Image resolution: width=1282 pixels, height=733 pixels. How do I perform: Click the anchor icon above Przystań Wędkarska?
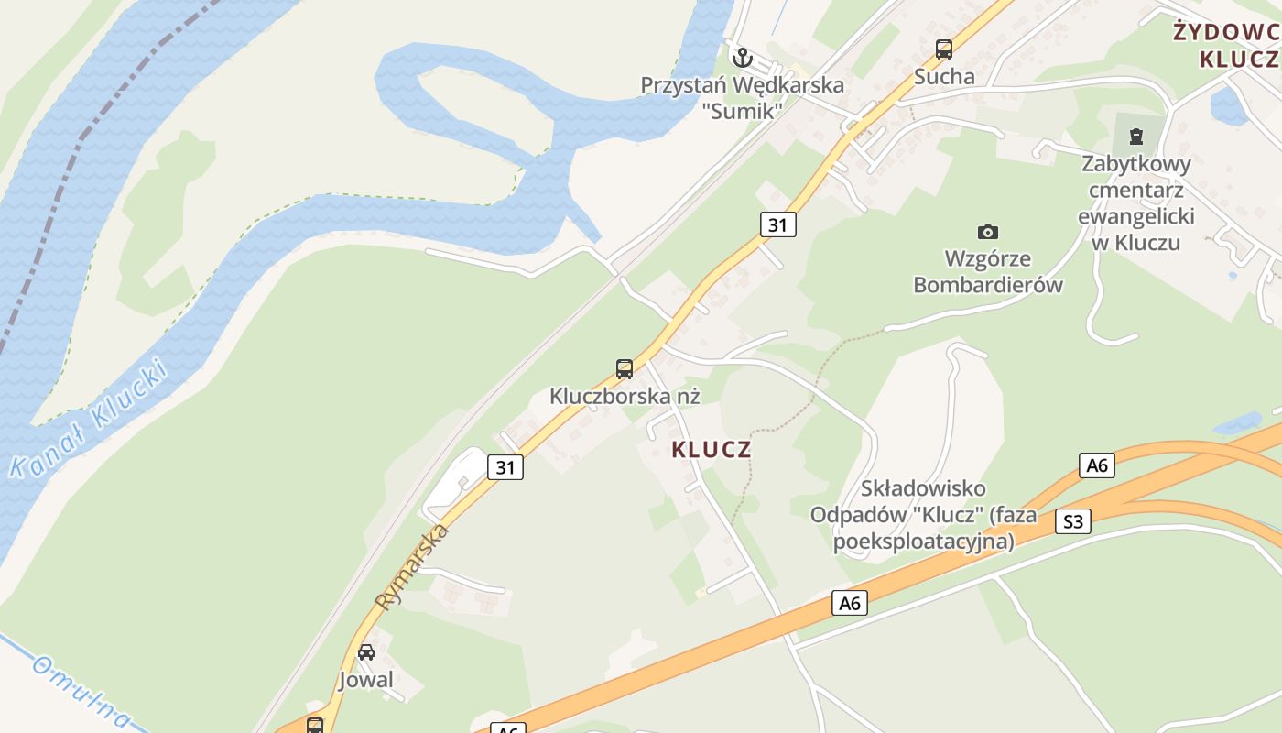(742, 59)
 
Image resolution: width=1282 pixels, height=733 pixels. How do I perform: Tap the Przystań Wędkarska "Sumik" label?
(742, 98)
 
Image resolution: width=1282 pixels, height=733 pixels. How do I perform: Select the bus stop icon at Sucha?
(944, 49)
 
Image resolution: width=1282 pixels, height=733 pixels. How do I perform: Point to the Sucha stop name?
(944, 76)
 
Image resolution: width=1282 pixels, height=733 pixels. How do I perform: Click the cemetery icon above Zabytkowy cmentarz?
(1136, 137)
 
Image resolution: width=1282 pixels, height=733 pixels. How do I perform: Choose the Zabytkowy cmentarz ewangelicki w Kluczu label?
(1136, 203)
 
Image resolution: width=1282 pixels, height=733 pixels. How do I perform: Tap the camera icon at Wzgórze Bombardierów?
(987, 232)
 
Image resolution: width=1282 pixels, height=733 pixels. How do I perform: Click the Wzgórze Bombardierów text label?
(988, 271)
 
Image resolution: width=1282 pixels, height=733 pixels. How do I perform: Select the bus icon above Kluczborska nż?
(625, 369)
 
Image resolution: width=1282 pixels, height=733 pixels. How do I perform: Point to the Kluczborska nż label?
(625, 397)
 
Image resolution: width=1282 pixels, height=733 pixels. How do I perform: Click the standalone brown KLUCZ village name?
(712, 450)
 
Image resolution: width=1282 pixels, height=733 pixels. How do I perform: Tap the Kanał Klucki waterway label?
(89, 420)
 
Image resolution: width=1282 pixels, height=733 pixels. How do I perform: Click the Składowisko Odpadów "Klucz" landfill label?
(923, 515)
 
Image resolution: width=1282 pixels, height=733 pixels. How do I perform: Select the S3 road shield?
(1072, 522)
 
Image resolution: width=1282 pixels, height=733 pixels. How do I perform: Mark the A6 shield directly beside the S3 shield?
(1096, 465)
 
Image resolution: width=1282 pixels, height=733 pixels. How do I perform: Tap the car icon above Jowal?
(366, 652)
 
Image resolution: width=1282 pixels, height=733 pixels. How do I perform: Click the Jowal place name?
(366, 680)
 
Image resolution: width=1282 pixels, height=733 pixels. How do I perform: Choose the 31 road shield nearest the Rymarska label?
(505, 467)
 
